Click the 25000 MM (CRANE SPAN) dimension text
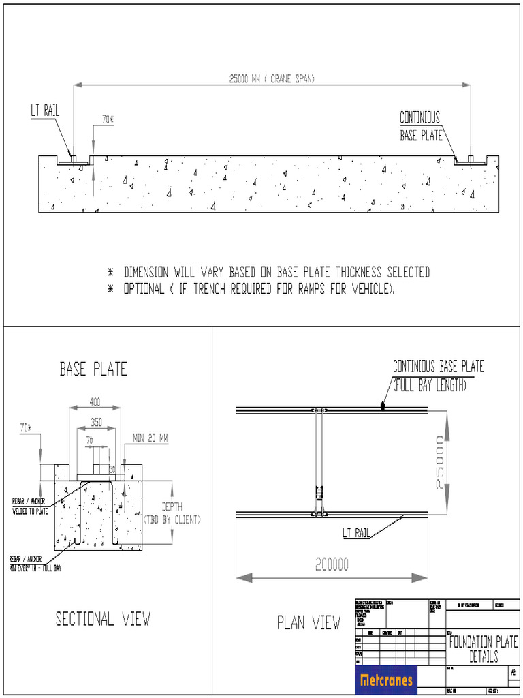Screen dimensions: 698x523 pyautogui.click(x=272, y=78)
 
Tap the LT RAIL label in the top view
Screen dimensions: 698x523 pyautogui.click(x=45, y=110)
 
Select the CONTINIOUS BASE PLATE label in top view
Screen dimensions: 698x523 pyautogui.click(x=419, y=126)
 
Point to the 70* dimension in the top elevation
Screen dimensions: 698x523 pyautogui.click(x=108, y=119)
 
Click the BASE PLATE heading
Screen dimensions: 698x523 pyautogui.click(x=93, y=369)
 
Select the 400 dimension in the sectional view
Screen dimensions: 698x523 pyautogui.click(x=96, y=402)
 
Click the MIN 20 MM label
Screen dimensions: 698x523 pyautogui.click(x=150, y=438)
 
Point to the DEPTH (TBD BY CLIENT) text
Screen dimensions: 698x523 pyautogui.click(x=171, y=513)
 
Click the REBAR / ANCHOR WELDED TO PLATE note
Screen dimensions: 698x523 pyautogui.click(x=29, y=506)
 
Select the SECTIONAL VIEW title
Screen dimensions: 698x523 pyautogui.click(x=103, y=619)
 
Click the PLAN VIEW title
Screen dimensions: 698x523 pyautogui.click(x=308, y=622)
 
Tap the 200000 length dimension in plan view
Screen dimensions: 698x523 pyautogui.click(x=332, y=564)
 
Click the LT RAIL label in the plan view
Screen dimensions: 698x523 pyautogui.click(x=356, y=532)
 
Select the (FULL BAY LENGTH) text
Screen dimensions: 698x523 pyautogui.click(x=429, y=385)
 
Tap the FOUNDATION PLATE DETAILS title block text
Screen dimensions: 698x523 pyautogui.click(x=484, y=649)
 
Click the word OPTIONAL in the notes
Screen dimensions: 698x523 pyautogui.click(x=144, y=289)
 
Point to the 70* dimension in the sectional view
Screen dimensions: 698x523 pyautogui.click(x=26, y=428)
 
